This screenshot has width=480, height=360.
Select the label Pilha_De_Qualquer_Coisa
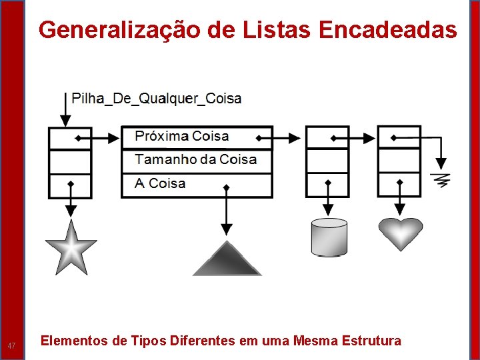coord(156,99)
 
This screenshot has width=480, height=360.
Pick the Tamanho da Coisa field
coord(195,160)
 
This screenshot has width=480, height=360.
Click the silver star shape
coord(71,247)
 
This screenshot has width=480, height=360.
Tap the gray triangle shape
coord(227,260)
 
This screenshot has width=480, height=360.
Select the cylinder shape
coord(329,237)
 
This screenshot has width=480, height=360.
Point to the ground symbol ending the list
coord(441,179)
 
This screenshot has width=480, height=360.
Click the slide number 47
coord(11,345)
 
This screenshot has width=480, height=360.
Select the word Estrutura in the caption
coord(371,341)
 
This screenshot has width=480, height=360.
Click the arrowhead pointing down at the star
coord(71,211)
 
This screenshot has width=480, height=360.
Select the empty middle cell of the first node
coord(70,161)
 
